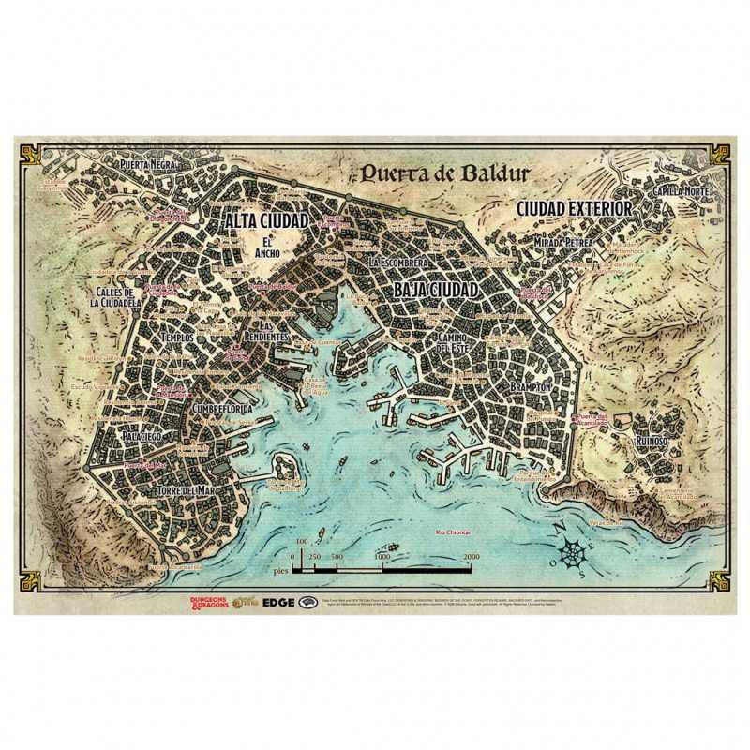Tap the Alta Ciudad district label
(267, 220)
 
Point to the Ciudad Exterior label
(574, 208)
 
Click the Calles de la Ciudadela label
(117, 297)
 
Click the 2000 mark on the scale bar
(471, 557)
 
